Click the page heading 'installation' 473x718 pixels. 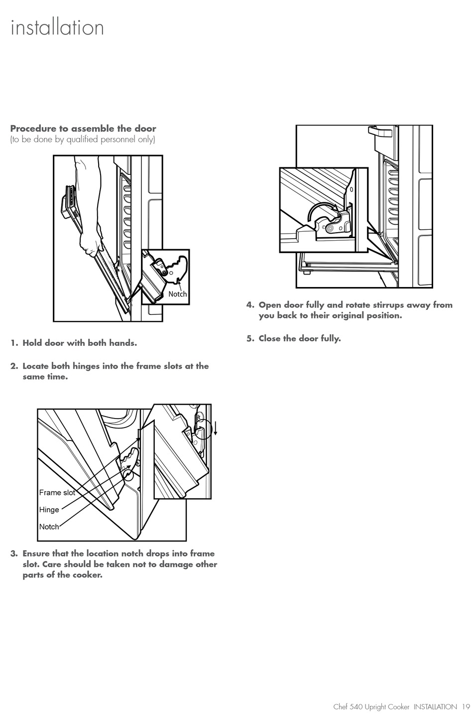tap(57, 27)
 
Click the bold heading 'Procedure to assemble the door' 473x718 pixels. tap(83, 129)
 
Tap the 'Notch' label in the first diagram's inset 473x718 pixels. tap(177, 294)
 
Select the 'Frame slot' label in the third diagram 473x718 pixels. tap(57, 493)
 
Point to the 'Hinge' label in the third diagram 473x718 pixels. tap(49, 510)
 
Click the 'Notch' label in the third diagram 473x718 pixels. tap(49, 527)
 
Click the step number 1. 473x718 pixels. tap(14, 343)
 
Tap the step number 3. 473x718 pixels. tap(14, 554)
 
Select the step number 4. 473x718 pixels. tap(250, 305)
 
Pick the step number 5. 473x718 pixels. tap(250, 339)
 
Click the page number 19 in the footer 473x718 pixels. tap(466, 707)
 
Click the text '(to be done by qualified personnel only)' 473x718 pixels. tap(83, 140)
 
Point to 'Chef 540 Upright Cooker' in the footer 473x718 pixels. tap(371, 707)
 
